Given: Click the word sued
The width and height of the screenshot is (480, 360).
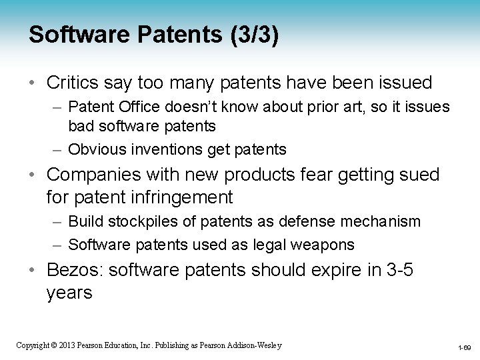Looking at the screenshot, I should coord(417,175).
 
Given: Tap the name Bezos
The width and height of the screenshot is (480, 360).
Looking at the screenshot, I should coord(71,271).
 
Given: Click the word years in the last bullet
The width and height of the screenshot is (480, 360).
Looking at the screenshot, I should coord(70,292).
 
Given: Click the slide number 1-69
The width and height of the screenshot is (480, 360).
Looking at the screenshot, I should coord(464,347).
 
